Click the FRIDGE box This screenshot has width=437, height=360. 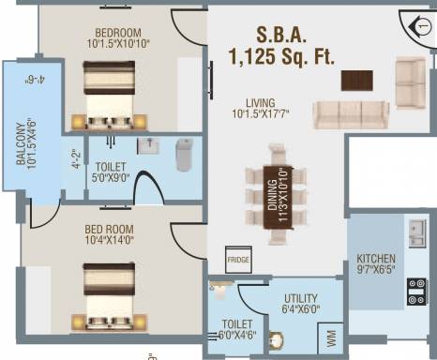click(238, 260)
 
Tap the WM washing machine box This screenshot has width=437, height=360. click(331, 338)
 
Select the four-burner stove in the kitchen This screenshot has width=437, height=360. click(416, 292)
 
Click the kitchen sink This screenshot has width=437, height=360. click(417, 232)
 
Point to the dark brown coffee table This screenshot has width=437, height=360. click(357, 81)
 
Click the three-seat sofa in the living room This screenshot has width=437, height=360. click(351, 114)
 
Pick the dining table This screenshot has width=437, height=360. click(278, 198)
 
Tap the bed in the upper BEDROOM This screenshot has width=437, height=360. click(109, 95)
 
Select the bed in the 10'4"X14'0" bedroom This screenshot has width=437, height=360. click(109, 296)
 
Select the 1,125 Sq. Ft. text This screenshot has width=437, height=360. click(281, 56)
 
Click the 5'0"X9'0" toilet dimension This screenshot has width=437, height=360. click(111, 178)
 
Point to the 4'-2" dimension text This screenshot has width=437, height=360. click(77, 159)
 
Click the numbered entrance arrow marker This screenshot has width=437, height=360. click(419, 27)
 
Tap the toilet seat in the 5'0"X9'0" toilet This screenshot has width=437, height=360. click(184, 155)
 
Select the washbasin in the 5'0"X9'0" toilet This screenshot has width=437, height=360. click(148, 146)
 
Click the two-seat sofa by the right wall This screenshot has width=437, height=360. click(411, 82)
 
